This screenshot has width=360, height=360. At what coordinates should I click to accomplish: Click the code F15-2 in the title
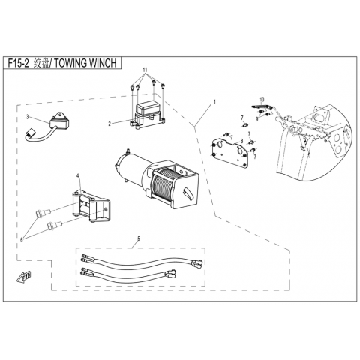click(x=18, y=63)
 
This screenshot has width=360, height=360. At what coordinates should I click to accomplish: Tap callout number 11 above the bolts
click(x=145, y=70)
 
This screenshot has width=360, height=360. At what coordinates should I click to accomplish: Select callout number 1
click(x=214, y=102)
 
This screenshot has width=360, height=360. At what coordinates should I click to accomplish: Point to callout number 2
click(x=109, y=124)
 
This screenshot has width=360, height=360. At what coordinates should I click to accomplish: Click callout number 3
click(x=28, y=117)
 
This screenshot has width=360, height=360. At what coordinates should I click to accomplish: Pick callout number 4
click(x=78, y=176)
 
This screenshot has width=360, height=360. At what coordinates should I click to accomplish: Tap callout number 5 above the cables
click(x=139, y=238)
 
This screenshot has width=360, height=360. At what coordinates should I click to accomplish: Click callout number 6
click(x=22, y=240)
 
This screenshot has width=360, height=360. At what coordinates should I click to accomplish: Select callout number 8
click(x=241, y=141)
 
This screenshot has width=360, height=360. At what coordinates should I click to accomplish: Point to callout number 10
click(x=262, y=99)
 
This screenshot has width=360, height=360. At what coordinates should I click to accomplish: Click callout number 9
click(x=256, y=119)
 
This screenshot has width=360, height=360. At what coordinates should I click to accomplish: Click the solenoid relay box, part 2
click(x=147, y=115)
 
